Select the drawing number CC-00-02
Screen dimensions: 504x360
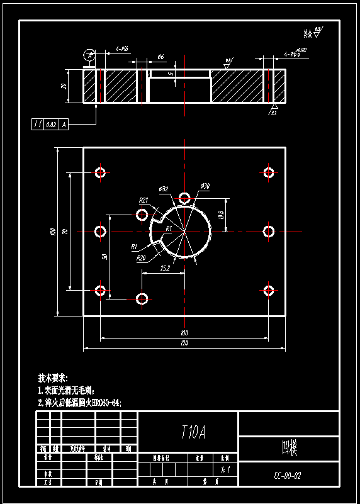pos(288,476)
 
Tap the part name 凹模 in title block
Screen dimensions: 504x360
pos(289,449)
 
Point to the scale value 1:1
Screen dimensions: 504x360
pos(226,469)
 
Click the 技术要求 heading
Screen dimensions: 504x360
pos(53,378)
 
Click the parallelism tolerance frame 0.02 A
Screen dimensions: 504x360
pos(49,125)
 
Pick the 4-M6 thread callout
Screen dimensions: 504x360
pos(122,48)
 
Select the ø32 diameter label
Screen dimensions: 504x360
pos(162,189)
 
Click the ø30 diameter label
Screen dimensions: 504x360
pos(205,186)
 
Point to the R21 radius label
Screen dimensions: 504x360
pos(143,200)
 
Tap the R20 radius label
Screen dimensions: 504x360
pos(141,257)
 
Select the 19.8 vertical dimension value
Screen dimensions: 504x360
pos(221,215)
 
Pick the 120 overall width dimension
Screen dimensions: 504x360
pos(184,344)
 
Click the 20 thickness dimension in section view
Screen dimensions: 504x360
pos(64,86)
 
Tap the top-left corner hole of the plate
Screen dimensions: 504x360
pos(100,172)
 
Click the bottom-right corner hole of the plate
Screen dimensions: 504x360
pos(269,290)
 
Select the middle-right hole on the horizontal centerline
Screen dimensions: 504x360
pos(269,232)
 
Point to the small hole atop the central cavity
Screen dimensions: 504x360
pos(185,199)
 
